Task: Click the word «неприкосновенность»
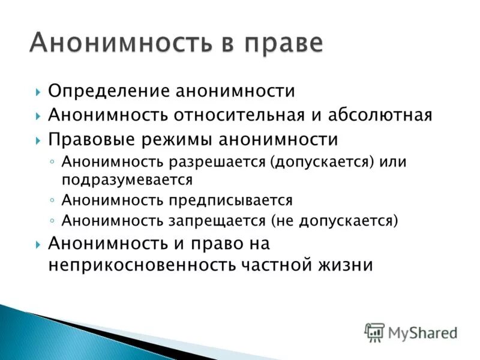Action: (142, 265)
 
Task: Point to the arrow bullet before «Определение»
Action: (38, 92)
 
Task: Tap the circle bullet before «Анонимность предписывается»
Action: (53, 200)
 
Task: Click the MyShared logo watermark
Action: (411, 332)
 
